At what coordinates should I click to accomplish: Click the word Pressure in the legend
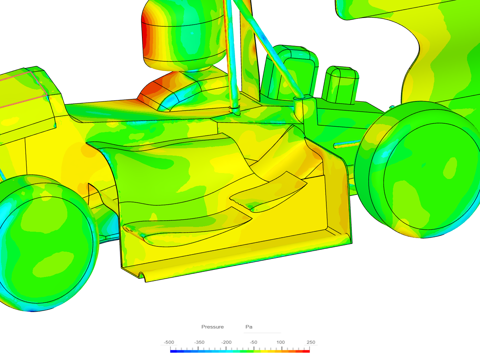(x=212, y=327)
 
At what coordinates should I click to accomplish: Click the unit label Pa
(x=249, y=327)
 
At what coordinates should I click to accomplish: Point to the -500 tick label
(x=169, y=342)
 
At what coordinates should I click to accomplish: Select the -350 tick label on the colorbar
(x=199, y=342)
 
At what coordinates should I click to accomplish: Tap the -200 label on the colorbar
(x=226, y=342)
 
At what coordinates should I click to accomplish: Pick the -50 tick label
(x=253, y=342)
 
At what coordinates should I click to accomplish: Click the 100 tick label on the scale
(x=281, y=342)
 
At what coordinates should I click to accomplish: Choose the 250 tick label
(x=311, y=342)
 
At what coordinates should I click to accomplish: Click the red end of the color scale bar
(x=307, y=351)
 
